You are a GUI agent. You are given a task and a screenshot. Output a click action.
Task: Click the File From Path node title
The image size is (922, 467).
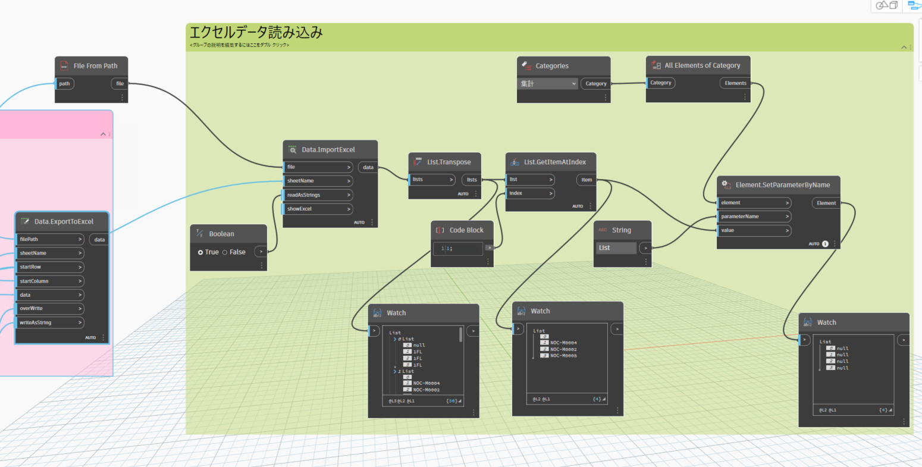(95, 66)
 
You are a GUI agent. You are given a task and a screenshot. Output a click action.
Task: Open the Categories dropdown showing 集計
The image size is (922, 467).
(548, 84)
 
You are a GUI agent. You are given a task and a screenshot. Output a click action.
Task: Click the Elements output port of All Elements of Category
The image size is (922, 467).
(735, 83)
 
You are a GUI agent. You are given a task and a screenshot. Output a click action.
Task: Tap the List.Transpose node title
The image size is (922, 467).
(449, 162)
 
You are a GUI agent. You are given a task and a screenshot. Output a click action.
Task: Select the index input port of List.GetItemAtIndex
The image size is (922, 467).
(529, 193)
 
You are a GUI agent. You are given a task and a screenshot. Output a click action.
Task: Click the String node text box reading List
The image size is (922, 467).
(616, 248)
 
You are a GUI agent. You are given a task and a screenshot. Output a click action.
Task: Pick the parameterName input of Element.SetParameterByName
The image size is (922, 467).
(754, 217)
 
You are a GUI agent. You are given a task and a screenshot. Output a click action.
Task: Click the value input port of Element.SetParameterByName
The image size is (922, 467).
(754, 230)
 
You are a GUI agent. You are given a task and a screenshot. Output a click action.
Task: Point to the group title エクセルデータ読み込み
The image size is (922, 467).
(256, 33)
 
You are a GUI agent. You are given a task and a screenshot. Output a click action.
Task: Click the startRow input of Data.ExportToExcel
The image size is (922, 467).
(50, 267)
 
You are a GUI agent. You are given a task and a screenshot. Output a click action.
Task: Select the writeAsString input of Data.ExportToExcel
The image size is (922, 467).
(50, 322)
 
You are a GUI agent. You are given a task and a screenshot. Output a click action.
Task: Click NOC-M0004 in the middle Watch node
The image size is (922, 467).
(563, 343)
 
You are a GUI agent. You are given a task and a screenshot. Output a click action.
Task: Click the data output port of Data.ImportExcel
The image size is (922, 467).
(368, 167)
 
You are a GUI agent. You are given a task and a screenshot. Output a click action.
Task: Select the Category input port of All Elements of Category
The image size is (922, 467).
(661, 83)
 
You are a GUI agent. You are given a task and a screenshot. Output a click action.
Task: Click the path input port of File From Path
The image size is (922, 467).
(65, 84)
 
